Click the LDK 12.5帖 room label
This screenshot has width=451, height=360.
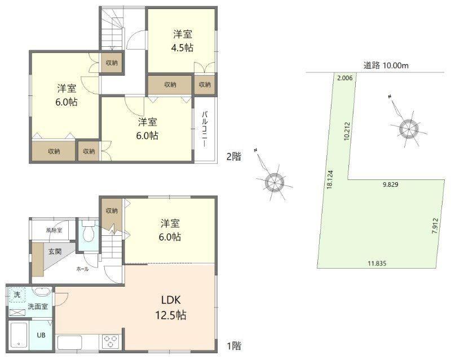pyautogui.click(x=171, y=308)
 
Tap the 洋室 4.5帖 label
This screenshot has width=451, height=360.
pyautogui.click(x=182, y=41)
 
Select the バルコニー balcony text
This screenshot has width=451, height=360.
pyautogui.click(x=205, y=129)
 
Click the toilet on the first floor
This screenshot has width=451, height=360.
pyautogui.click(x=89, y=231)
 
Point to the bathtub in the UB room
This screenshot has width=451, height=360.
pyautogui.click(x=19, y=335)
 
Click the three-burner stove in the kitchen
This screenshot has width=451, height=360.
pyautogui.click(x=110, y=341)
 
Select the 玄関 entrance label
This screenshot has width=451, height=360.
pyautogui.click(x=55, y=252)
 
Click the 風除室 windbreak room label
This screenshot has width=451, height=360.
pyautogui.click(x=54, y=230)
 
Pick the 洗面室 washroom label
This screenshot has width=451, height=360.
pyautogui.click(x=38, y=306)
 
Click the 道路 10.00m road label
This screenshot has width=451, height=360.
pyautogui.click(x=386, y=65)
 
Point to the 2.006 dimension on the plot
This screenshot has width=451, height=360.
pyautogui.click(x=344, y=78)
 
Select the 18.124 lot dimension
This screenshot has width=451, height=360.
pyautogui.click(x=330, y=179)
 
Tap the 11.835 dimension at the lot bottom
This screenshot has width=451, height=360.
pyautogui.click(x=377, y=264)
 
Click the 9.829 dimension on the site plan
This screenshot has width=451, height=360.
pyautogui.click(x=390, y=185)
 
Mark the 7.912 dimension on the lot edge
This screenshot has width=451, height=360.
pyautogui.click(x=435, y=226)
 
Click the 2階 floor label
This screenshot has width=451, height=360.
pyautogui.click(x=234, y=157)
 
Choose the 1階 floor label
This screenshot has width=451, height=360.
pyautogui.click(x=234, y=345)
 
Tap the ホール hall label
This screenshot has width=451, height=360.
pyautogui.click(x=82, y=270)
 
